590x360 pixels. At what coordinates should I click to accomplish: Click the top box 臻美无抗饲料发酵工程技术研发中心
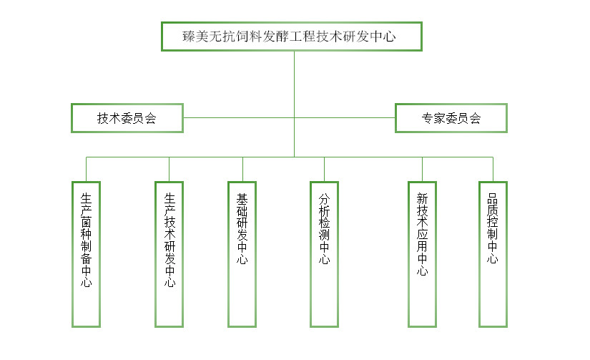point(291,37)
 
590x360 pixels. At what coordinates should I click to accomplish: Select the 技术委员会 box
point(127,118)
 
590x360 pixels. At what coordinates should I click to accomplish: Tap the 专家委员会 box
point(451,118)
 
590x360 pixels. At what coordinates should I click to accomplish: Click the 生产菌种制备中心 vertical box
point(87,254)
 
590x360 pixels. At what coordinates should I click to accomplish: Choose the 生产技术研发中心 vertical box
point(169,254)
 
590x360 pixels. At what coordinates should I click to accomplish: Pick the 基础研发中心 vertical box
point(242,254)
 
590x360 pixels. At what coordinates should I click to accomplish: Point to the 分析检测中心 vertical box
point(325,254)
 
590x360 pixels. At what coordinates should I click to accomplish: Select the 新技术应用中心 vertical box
point(422,254)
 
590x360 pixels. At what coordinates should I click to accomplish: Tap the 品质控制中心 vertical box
point(493,254)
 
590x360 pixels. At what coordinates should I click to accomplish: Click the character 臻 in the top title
point(191,37)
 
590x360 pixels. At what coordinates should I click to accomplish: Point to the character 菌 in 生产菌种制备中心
point(87,224)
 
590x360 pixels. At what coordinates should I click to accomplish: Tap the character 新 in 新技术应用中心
point(422,198)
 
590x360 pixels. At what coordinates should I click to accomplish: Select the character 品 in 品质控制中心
point(493,198)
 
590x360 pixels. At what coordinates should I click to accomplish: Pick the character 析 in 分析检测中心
point(325,213)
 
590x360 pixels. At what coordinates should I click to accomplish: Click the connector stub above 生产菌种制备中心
point(87,169)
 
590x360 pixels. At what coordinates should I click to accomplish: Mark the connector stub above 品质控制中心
point(493,169)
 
